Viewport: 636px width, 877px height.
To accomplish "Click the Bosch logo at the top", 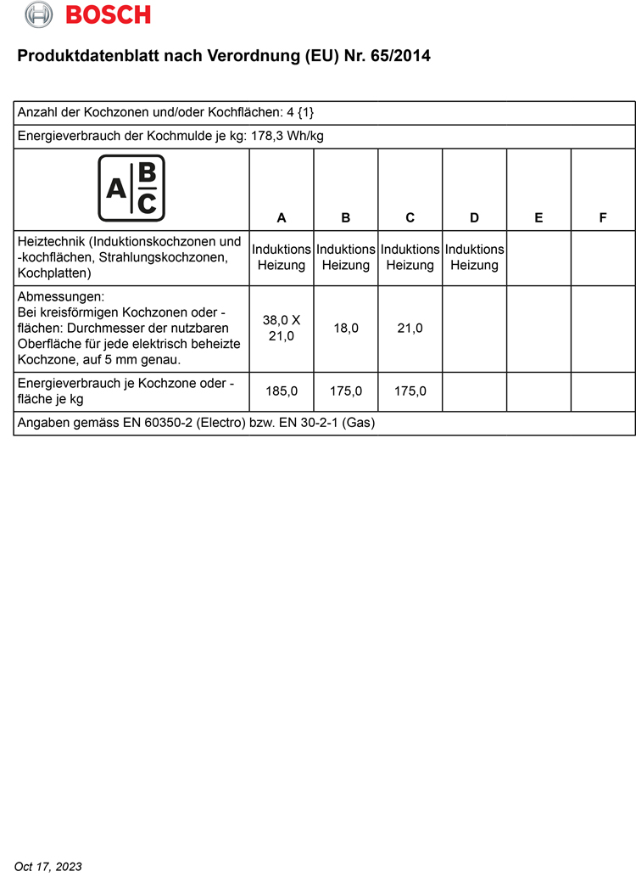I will tap(88, 14).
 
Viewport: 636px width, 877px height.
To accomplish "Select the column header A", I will tap(282, 218).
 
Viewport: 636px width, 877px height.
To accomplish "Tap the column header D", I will tap(474, 218).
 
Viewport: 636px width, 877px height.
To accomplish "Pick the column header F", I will tap(603, 218).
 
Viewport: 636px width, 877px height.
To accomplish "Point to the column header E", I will tap(538, 218).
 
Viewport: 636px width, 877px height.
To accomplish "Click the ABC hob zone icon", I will tap(131, 188).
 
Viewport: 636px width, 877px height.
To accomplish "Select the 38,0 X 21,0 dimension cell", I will tap(282, 328).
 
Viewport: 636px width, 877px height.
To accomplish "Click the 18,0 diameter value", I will tap(346, 328).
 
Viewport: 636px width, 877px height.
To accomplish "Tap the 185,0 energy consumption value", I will tap(282, 391).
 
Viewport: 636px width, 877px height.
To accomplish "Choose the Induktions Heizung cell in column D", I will tap(474, 257).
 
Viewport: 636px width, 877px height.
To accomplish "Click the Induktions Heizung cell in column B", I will tap(346, 257).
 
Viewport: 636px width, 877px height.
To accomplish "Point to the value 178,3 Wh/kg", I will tap(288, 136).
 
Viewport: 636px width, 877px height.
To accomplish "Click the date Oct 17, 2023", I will tap(48, 866).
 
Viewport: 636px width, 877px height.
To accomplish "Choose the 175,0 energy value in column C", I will tap(410, 391).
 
